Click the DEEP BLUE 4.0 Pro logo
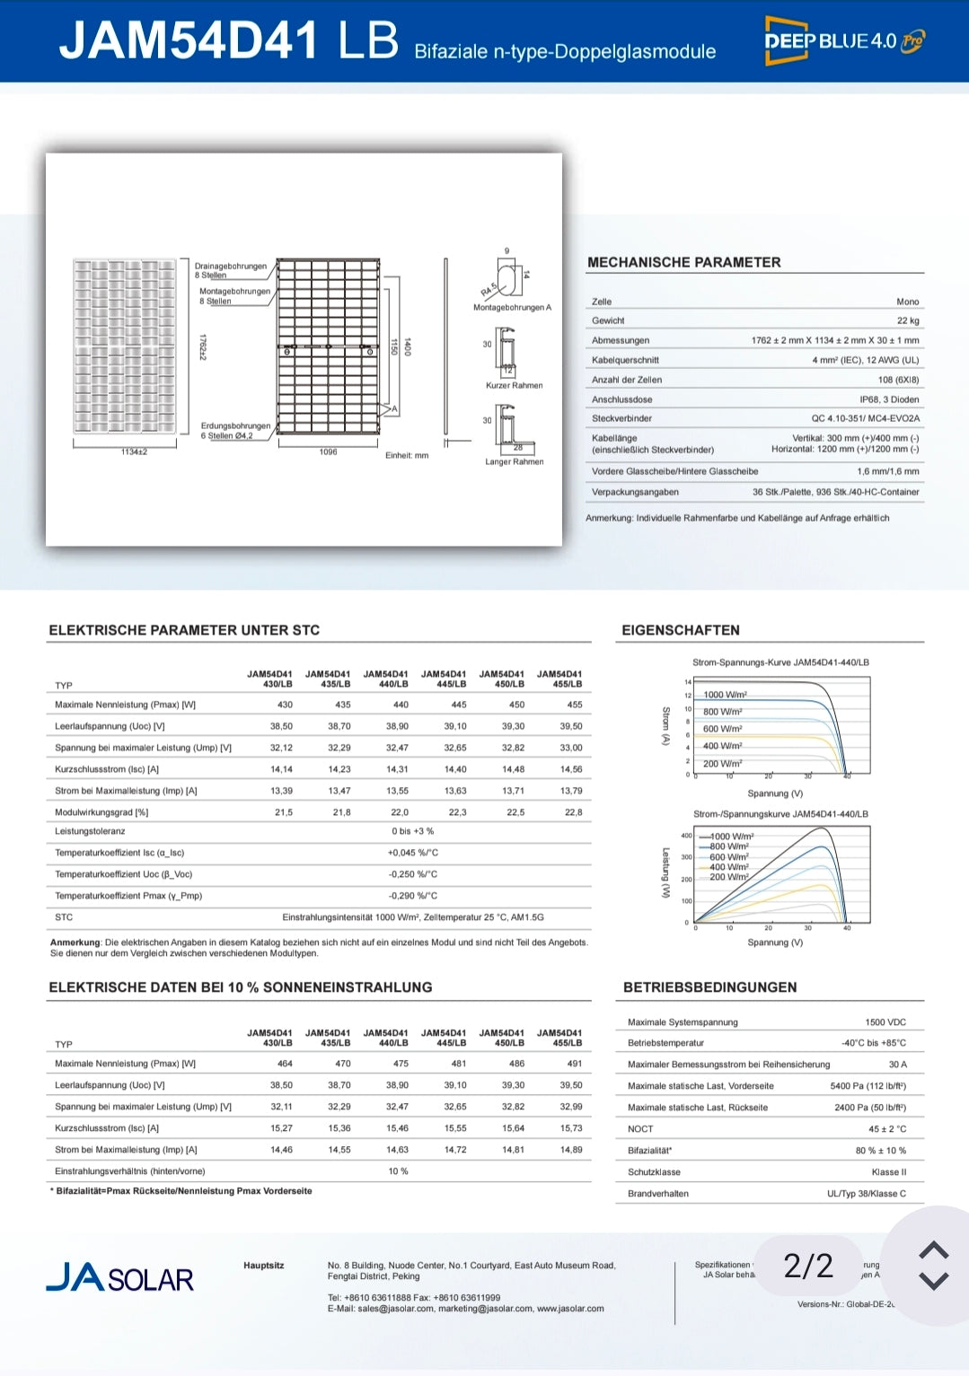[x=843, y=41]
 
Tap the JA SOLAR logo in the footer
[x=120, y=1277]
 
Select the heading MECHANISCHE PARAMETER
[x=683, y=262]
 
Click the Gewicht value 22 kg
[x=908, y=320]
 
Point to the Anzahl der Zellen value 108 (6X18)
[x=898, y=380]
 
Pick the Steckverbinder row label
[x=621, y=418]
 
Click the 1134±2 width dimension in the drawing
[x=134, y=451]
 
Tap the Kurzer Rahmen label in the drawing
[x=514, y=385]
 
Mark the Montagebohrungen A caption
[x=512, y=307]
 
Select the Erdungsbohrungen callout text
[x=235, y=426]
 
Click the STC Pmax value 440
[x=401, y=705]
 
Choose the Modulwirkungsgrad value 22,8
[x=573, y=812]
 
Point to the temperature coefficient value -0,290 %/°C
[x=412, y=896]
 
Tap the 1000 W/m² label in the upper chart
[x=725, y=695]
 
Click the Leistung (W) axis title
[x=665, y=872]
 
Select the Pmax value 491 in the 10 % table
[x=574, y=1064]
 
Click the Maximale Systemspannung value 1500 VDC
[x=885, y=1022]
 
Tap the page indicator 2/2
[x=808, y=1266]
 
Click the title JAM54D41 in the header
[x=189, y=41]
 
